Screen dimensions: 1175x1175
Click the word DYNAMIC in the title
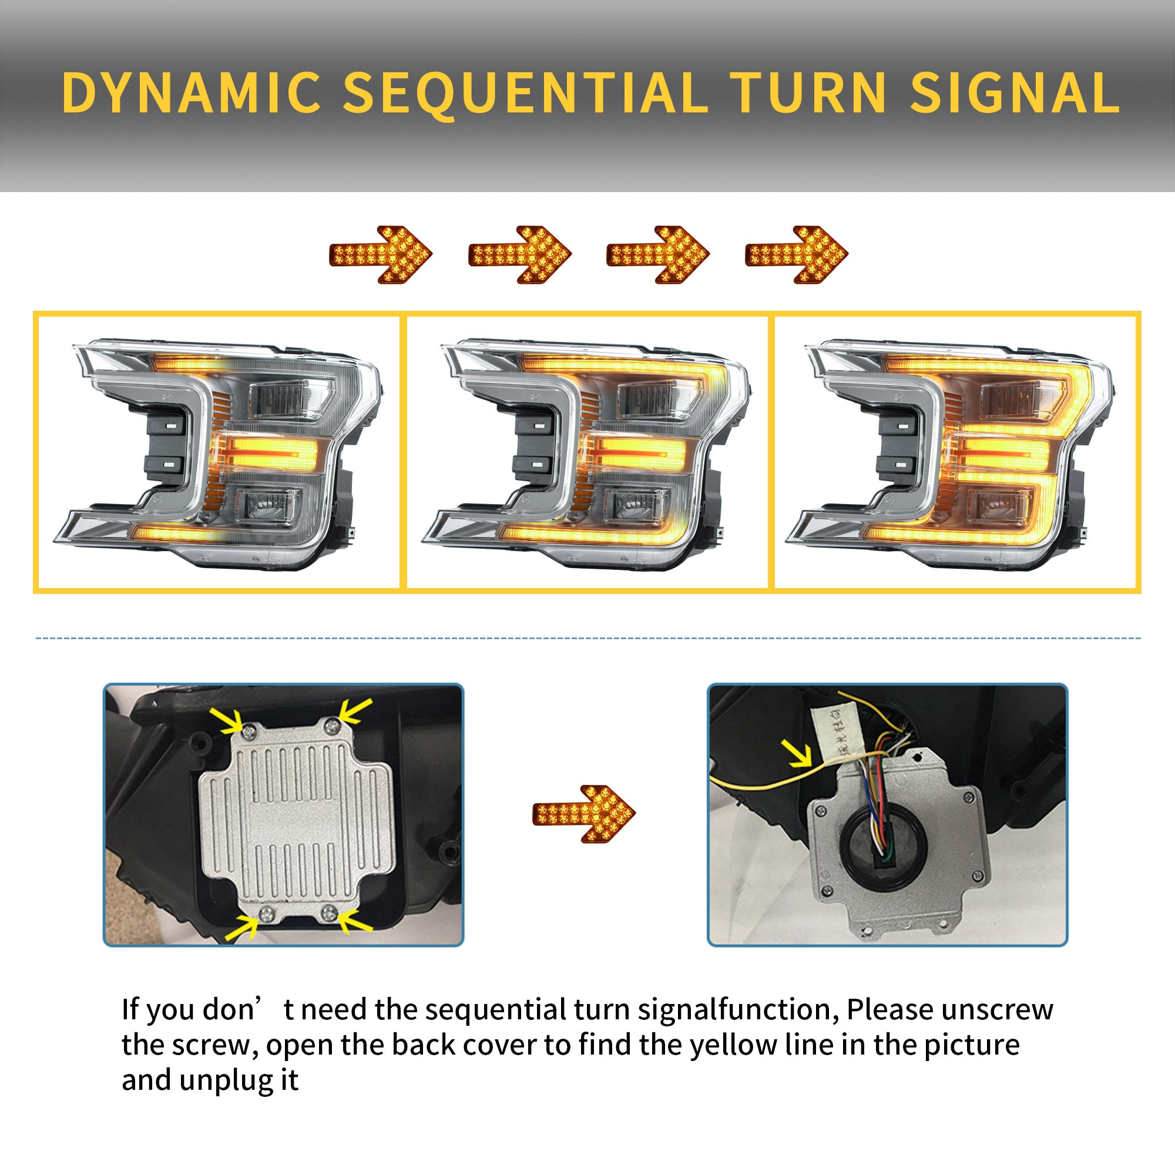(x=191, y=92)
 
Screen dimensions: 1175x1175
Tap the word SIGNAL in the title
(x=1014, y=92)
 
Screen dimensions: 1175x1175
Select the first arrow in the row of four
(x=381, y=254)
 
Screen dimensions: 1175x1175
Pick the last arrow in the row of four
(x=796, y=254)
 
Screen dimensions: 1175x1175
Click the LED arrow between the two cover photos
(x=583, y=814)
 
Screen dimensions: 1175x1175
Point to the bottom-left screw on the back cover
(x=267, y=914)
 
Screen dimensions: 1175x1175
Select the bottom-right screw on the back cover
(x=329, y=912)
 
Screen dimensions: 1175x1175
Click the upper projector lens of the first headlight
(x=291, y=399)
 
